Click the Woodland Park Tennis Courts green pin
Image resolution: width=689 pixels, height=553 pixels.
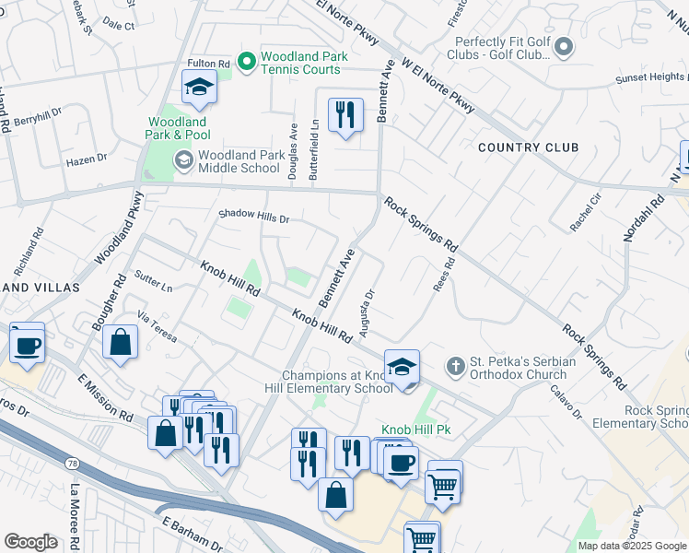tap(246, 63)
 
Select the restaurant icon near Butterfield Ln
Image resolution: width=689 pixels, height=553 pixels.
tap(345, 113)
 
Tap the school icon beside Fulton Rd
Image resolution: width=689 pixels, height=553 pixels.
tap(198, 88)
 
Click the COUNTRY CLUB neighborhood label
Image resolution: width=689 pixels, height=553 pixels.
tap(529, 147)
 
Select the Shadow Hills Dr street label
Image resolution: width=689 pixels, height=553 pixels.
tap(253, 218)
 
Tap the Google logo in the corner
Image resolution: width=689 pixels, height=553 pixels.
tap(31, 541)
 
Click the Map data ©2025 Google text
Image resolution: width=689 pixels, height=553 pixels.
tap(632, 546)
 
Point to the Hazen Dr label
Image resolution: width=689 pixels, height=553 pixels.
tap(87, 160)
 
